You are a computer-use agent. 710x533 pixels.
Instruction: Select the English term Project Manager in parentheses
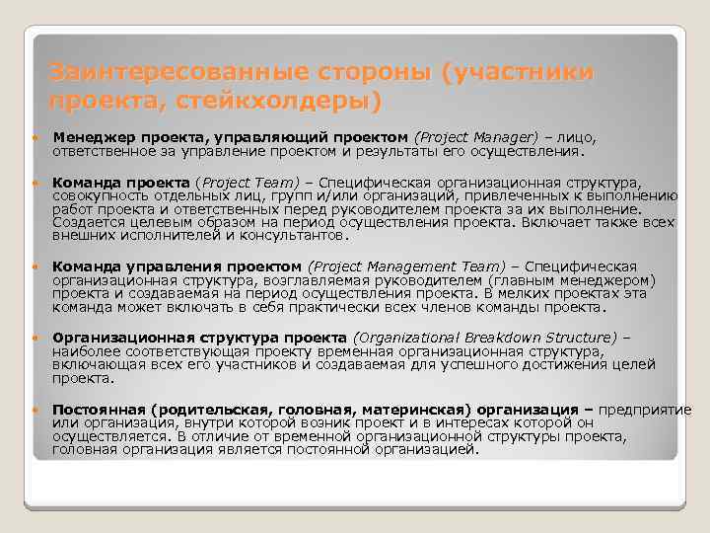click(x=478, y=135)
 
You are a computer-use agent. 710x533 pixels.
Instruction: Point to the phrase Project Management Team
click(x=409, y=266)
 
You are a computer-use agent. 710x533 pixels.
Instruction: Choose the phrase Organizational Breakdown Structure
click(x=485, y=336)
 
